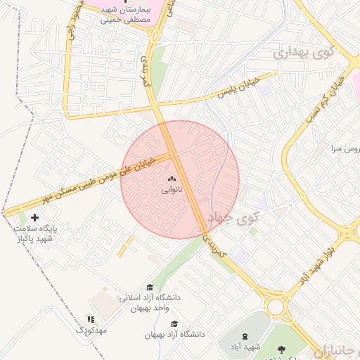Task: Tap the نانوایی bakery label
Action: tap(172, 189)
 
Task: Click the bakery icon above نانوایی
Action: tap(172, 179)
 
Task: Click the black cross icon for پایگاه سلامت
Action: tap(34, 218)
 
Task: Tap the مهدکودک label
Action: tap(91, 329)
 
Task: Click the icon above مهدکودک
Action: tap(89, 319)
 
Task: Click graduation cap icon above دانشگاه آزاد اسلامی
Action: tap(149, 287)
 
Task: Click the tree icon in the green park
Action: tap(283, 349)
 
